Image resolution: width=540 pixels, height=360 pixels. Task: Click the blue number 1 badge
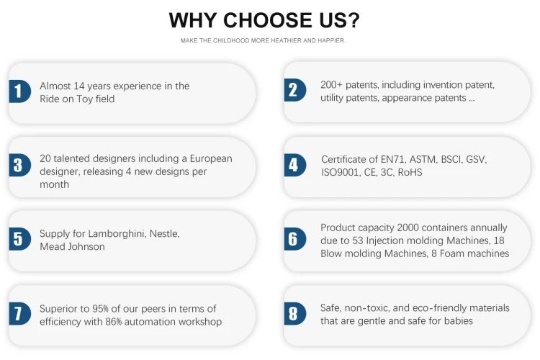tap(19, 91)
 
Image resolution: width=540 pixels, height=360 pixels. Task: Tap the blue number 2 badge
tap(294, 90)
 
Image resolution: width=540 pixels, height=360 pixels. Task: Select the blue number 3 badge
tap(19, 165)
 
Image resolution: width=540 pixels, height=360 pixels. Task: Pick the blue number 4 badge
tap(294, 165)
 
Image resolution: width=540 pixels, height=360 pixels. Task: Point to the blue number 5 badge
tap(19, 239)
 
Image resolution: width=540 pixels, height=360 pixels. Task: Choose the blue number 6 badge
tap(294, 239)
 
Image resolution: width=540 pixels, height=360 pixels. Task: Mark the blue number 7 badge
tap(19, 313)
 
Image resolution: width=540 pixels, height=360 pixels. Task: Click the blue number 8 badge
tap(294, 313)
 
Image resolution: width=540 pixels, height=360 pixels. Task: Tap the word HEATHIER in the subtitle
tap(286, 40)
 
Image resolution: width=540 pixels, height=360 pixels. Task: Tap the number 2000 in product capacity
tap(408, 228)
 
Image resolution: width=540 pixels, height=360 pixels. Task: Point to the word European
tap(211, 159)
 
